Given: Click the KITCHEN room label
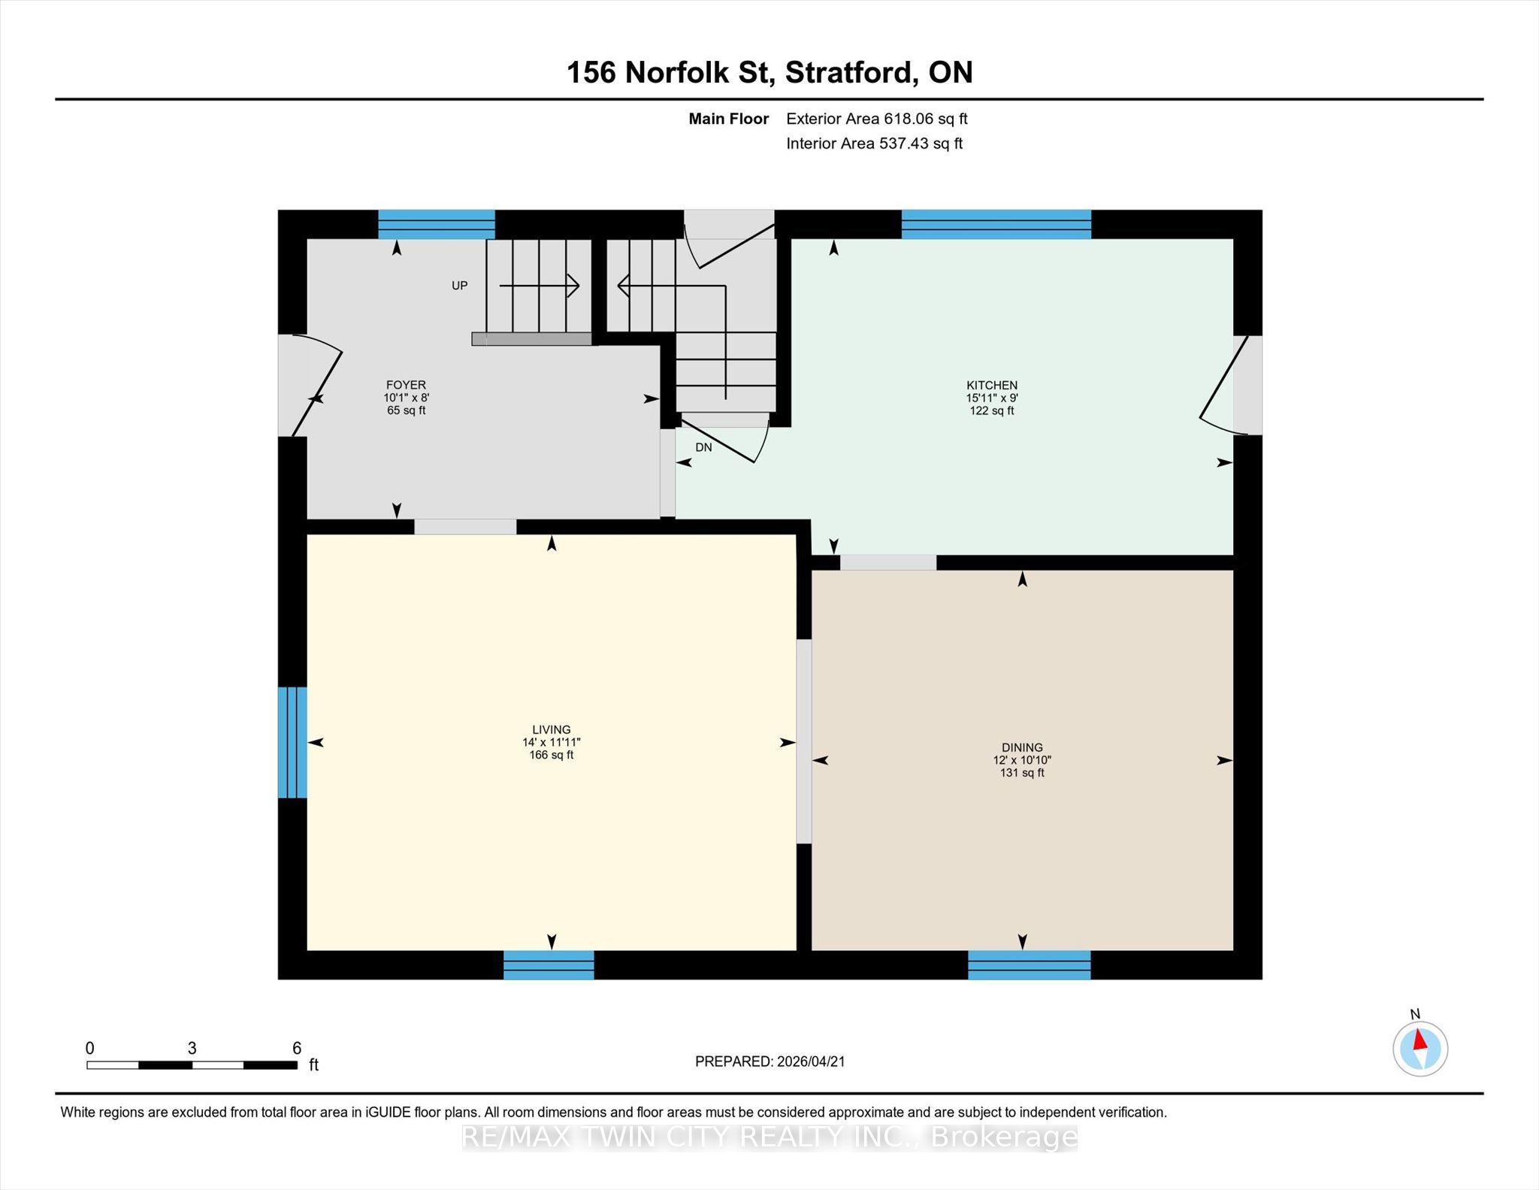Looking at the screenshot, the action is tap(992, 385).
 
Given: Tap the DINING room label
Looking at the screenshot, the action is tap(1022, 747).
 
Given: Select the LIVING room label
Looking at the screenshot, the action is tap(552, 729).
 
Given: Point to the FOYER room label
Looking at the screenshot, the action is tap(406, 385).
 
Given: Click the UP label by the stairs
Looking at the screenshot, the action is tap(459, 286).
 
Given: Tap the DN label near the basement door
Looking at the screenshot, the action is tap(703, 447).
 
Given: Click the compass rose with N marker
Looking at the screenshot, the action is tap(1420, 1048).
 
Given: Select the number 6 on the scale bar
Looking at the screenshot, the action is tap(297, 1048).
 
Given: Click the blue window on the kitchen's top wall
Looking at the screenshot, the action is tap(996, 225).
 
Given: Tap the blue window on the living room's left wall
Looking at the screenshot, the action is tap(292, 742).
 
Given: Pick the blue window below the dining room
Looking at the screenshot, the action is tap(1029, 965).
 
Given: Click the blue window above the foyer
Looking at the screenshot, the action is tap(436, 225).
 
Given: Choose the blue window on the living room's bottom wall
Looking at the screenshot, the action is tap(549, 965).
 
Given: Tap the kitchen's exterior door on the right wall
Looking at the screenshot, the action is tap(1231, 385).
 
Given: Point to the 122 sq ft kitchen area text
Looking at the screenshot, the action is tap(992, 410).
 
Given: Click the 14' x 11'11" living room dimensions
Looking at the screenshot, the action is tap(552, 742).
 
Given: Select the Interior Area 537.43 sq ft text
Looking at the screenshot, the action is tap(874, 144).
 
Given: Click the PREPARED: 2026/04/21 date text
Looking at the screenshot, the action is tap(770, 1061).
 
